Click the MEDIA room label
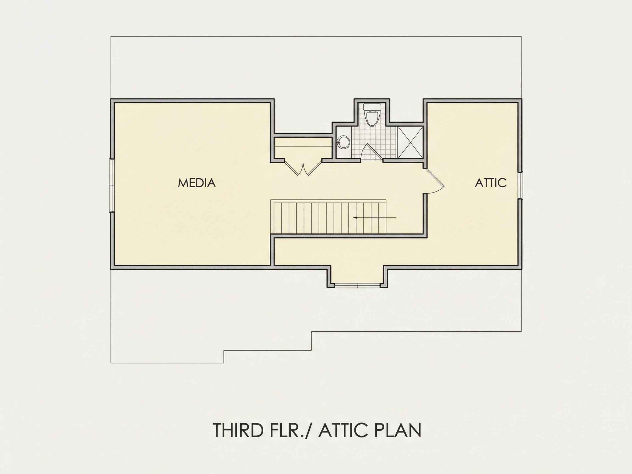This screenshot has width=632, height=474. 197,183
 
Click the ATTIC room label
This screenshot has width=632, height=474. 490,183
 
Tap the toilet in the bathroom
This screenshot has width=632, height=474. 372,115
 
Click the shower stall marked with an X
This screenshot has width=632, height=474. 410,142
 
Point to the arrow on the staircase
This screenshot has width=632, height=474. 375,218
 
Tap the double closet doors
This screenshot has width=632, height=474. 303,167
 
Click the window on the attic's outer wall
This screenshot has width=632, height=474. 520,185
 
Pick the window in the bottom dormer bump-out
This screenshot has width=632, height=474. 357,286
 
